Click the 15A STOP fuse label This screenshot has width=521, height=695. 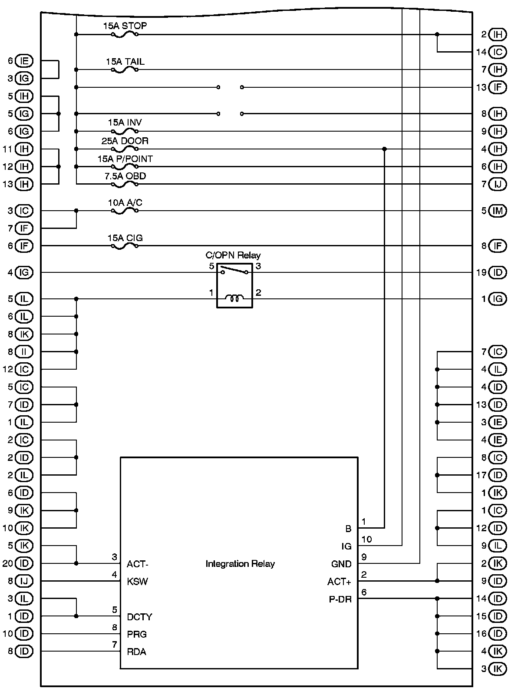(125, 26)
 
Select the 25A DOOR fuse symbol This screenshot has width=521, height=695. (125, 149)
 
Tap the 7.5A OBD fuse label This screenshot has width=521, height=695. (125, 176)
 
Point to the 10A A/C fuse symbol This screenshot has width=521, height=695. (125, 211)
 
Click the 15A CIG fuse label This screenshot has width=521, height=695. (125, 238)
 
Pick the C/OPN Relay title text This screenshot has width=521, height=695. (233, 255)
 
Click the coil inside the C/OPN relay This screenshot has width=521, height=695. (234, 298)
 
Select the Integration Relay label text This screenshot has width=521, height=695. (240, 564)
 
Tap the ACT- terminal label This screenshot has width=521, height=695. (138, 564)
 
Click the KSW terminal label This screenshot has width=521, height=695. (138, 582)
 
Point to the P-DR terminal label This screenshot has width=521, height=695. (340, 600)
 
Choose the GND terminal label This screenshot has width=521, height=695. (341, 564)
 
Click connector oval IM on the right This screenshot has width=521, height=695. (498, 211)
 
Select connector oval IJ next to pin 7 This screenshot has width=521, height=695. (498, 184)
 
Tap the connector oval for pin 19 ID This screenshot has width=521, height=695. (498, 273)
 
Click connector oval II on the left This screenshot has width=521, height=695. (24, 352)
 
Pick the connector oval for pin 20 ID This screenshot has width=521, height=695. (24, 563)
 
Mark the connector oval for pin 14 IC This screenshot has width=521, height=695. (498, 52)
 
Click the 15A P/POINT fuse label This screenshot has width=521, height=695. (125, 159)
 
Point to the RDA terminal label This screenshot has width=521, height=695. (137, 652)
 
